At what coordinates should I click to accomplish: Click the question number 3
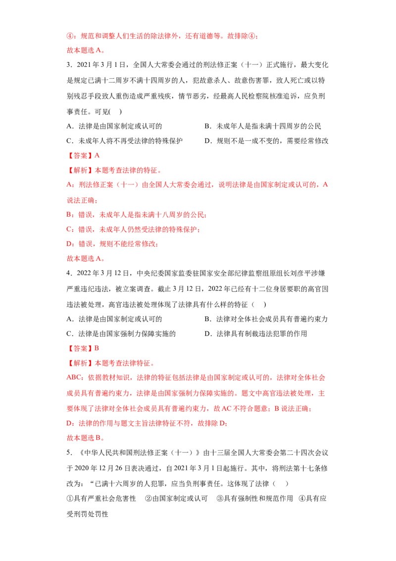click(69, 65)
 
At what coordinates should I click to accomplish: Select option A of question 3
click(114, 126)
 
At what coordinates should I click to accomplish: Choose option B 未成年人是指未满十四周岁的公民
click(263, 126)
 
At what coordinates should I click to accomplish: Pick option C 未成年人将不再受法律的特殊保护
click(124, 141)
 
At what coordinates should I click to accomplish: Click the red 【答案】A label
click(83, 156)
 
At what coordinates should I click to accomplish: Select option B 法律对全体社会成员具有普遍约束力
click(266, 319)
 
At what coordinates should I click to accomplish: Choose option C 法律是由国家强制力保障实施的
click(121, 334)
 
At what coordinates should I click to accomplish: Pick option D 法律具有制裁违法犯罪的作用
click(255, 334)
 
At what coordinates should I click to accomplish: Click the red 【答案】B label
click(83, 348)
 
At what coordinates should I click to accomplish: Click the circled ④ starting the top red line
click(70, 36)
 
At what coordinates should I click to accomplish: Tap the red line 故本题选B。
click(86, 438)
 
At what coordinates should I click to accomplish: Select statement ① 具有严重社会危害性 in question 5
click(101, 499)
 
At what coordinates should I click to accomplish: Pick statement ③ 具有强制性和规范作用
click(255, 499)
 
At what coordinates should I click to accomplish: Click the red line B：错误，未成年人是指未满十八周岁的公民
click(137, 215)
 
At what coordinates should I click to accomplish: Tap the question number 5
click(69, 452)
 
